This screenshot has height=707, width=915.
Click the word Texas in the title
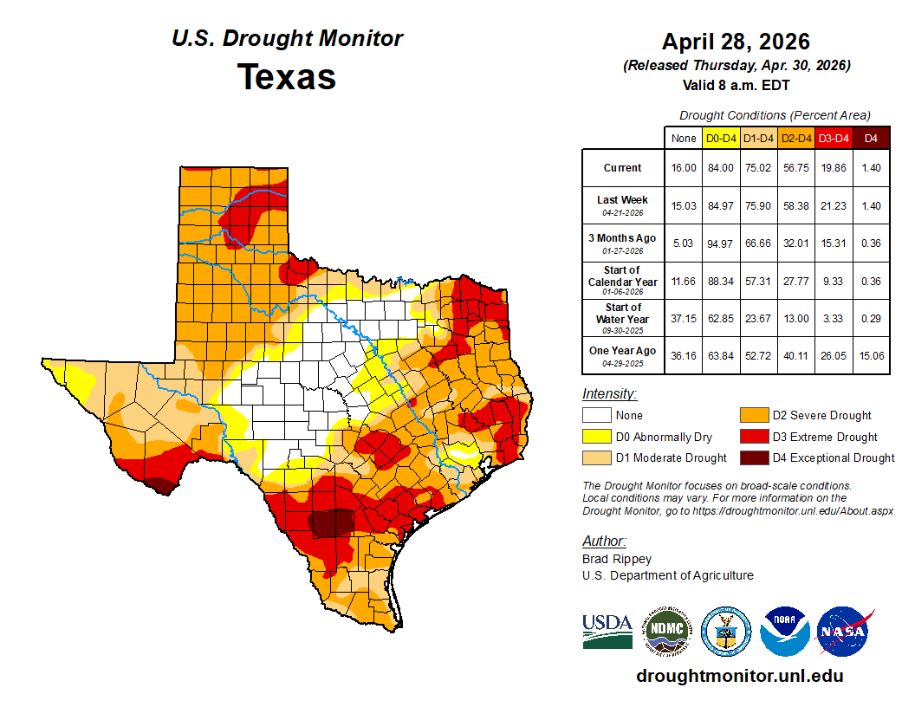(x=287, y=76)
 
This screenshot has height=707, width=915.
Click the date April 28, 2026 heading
(x=736, y=41)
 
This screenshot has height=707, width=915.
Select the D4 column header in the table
(x=871, y=138)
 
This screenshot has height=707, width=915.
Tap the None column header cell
(x=683, y=138)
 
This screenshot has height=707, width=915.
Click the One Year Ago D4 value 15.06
(x=871, y=356)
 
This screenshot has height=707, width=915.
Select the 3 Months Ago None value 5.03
(x=683, y=243)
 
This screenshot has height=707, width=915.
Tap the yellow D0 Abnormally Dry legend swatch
(x=595, y=437)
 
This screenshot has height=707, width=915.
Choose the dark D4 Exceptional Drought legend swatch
(x=753, y=457)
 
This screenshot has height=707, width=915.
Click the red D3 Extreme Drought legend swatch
(x=753, y=437)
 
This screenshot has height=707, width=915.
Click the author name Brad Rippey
(x=616, y=559)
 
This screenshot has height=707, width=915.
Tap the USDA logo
(x=607, y=632)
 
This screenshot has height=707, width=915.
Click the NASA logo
(x=845, y=632)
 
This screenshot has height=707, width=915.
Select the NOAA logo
(x=784, y=632)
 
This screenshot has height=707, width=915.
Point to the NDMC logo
(x=666, y=632)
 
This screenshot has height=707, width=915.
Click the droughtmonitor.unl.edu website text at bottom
(x=739, y=676)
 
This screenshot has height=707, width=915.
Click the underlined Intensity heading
(x=609, y=394)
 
